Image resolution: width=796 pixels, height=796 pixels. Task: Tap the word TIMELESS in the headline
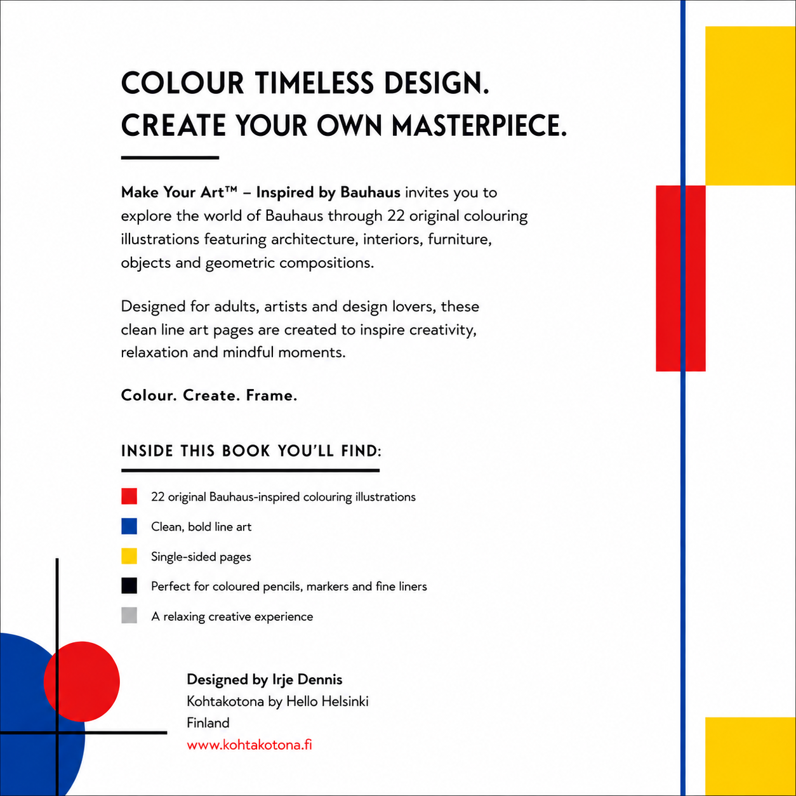tap(314, 83)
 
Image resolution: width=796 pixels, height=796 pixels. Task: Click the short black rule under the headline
tap(169, 157)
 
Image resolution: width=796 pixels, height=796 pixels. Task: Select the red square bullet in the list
tap(129, 496)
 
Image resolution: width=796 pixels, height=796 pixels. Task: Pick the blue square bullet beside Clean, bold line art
tap(129, 526)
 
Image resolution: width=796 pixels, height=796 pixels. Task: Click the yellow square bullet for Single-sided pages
tap(129, 556)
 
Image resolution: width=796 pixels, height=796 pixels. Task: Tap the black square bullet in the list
tap(129, 586)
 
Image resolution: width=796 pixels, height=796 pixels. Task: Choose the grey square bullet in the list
tap(129, 616)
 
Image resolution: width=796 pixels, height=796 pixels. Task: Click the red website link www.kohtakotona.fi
tap(249, 745)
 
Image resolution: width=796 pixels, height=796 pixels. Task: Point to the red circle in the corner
tap(82, 682)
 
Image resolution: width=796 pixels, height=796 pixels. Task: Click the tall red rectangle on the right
tap(680, 279)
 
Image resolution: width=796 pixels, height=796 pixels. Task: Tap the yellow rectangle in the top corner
tap(750, 106)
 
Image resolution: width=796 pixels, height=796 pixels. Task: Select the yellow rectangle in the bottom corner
tap(750, 757)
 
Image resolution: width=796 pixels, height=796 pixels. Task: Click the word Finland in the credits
tap(208, 723)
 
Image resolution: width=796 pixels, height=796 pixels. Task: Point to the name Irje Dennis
tap(307, 679)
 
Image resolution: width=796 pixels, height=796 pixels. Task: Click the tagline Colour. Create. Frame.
tap(209, 395)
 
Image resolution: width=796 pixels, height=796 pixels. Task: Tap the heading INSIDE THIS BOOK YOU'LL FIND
tap(251, 451)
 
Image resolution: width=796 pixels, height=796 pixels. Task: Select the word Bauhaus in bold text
tap(370, 192)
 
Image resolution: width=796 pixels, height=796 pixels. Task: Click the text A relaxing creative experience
tap(232, 616)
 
